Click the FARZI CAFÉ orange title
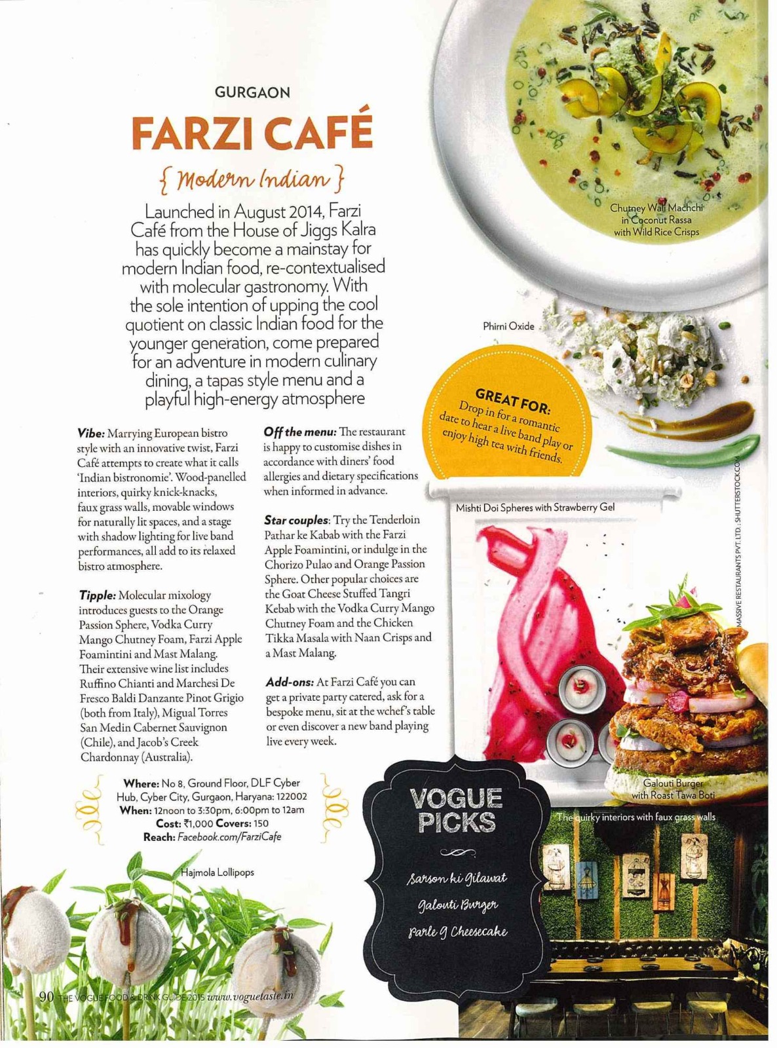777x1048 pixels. pos(252,133)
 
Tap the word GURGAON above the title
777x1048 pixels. pos(252,93)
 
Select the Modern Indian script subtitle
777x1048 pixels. pos(252,179)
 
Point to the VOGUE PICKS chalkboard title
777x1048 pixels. pos(456,810)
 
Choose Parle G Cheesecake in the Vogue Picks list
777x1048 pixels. pos(458,931)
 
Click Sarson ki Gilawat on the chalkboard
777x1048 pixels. pos(457,878)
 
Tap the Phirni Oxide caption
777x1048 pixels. pos(508,326)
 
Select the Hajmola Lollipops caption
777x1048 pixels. pos(218,872)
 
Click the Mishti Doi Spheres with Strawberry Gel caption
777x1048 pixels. pos(535,507)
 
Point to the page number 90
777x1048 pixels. pos(46,996)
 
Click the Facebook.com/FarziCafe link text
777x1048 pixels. pos(229,837)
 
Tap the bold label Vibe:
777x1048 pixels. pos(91,433)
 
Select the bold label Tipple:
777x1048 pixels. pos(98,595)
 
